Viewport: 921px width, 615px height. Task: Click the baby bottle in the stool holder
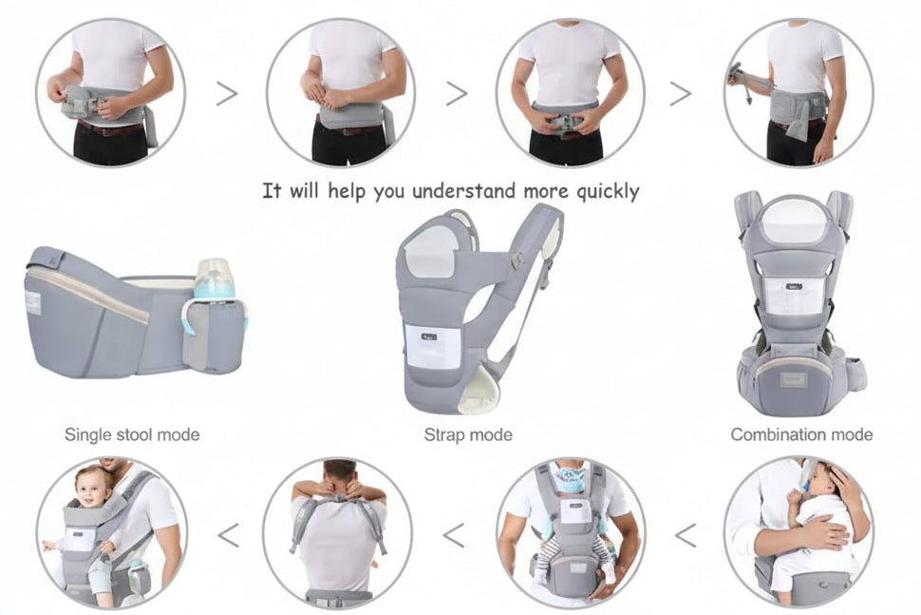tap(215, 279)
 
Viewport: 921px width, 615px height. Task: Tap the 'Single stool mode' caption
tap(132, 434)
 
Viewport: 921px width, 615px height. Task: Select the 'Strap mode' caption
tap(468, 434)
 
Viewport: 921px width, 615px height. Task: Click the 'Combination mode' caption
tap(801, 434)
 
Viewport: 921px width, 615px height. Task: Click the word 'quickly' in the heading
tap(608, 191)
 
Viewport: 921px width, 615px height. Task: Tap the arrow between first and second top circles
tap(226, 93)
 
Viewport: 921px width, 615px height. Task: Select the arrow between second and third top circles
tap(457, 93)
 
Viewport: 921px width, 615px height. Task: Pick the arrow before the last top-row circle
tap(680, 93)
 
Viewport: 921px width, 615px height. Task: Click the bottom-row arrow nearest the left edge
tap(228, 535)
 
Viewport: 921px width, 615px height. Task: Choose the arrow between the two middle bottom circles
tap(454, 535)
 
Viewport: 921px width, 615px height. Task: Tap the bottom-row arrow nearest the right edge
tap(685, 535)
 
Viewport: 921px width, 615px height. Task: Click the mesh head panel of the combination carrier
tap(794, 221)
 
